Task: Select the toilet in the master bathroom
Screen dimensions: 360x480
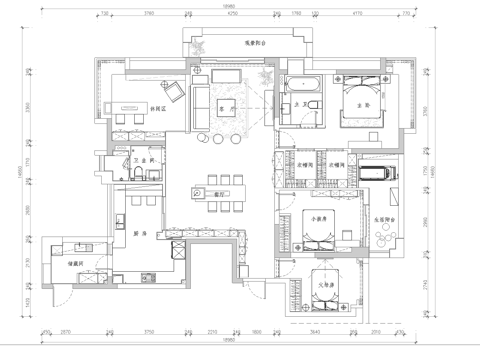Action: point(313,108)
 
